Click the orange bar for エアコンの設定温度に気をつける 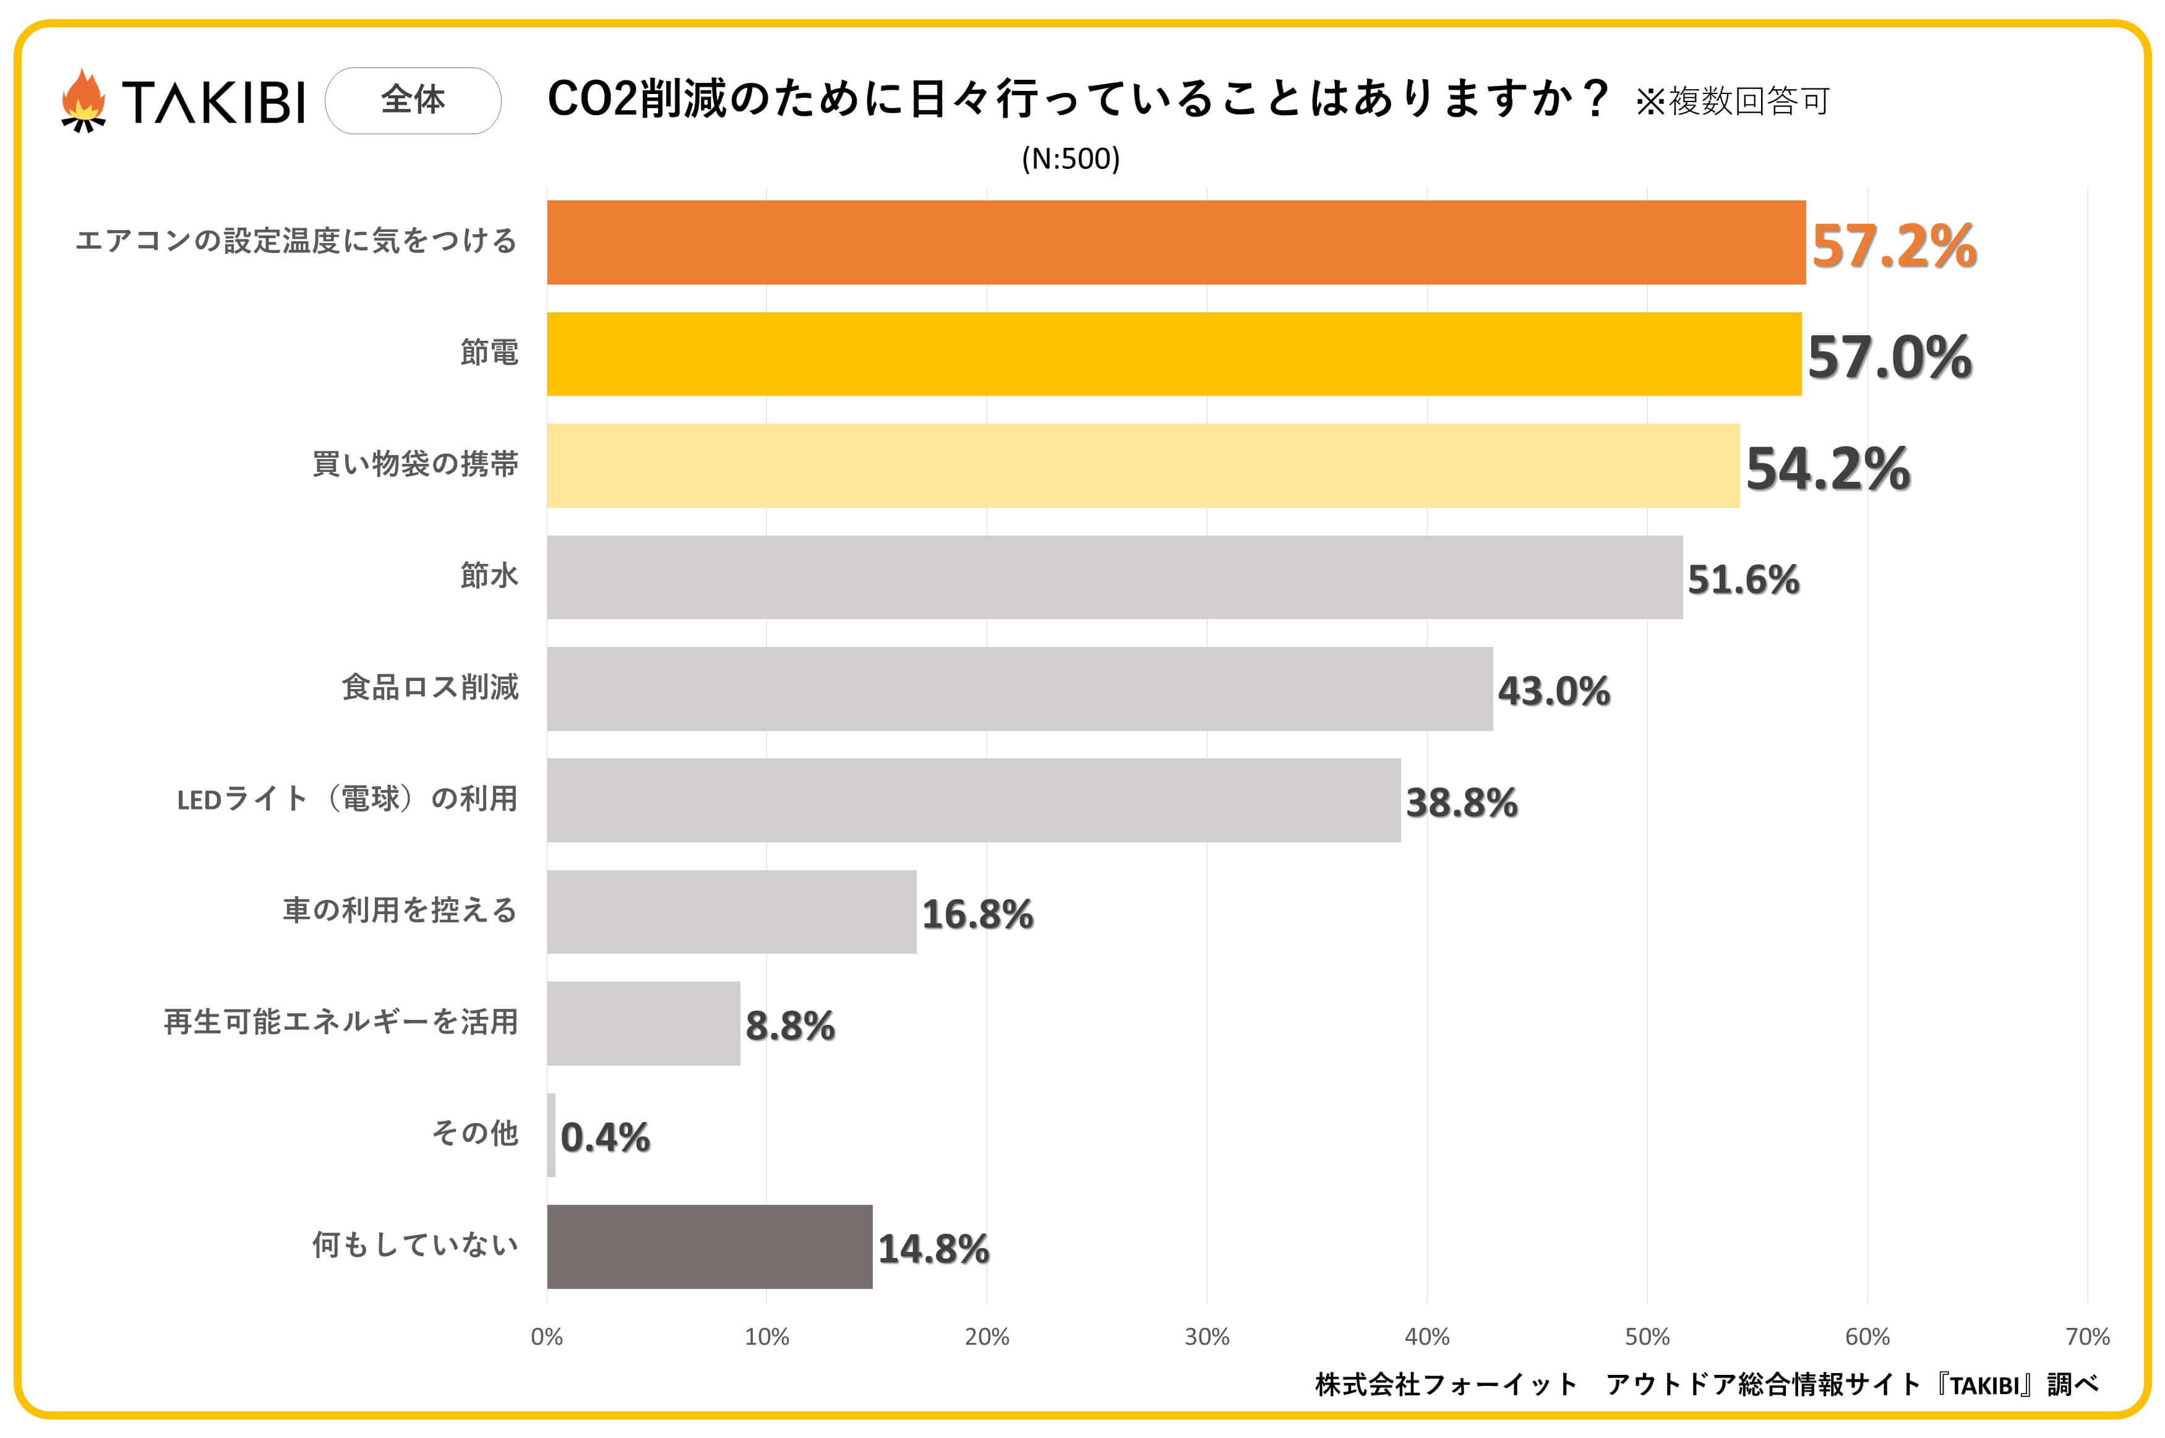(x=1175, y=242)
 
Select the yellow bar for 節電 (x=1174, y=354)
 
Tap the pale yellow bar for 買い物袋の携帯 (x=1143, y=466)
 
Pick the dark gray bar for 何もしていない (x=709, y=1246)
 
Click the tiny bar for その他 (x=551, y=1134)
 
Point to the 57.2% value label (x=1893, y=246)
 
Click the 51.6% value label (x=1743, y=580)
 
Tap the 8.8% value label (x=789, y=1025)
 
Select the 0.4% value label (x=604, y=1137)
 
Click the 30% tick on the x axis (x=1207, y=1336)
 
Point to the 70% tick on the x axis (x=2087, y=1336)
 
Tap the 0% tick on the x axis (x=547, y=1336)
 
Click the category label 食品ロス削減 (x=430, y=687)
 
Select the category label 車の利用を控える (x=400, y=910)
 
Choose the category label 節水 (x=489, y=576)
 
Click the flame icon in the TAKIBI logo (x=84, y=100)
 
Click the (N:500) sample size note (x=1070, y=159)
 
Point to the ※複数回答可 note (x=1732, y=101)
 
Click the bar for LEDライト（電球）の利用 (x=973, y=800)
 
